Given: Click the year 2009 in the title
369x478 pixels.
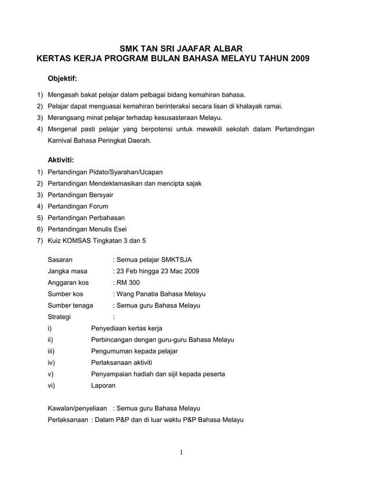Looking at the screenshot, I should pyautogui.click(x=298, y=58).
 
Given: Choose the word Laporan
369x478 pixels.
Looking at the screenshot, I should pyautogui.click(x=104, y=385).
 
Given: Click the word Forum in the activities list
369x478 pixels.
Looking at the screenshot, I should pyautogui.click(x=98, y=206).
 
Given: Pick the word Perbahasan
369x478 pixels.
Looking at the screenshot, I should pyautogui.click(x=107, y=218).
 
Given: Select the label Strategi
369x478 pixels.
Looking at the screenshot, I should pyautogui.click(x=60, y=317).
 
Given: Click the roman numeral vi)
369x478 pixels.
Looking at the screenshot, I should pyautogui.click(x=51, y=385).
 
